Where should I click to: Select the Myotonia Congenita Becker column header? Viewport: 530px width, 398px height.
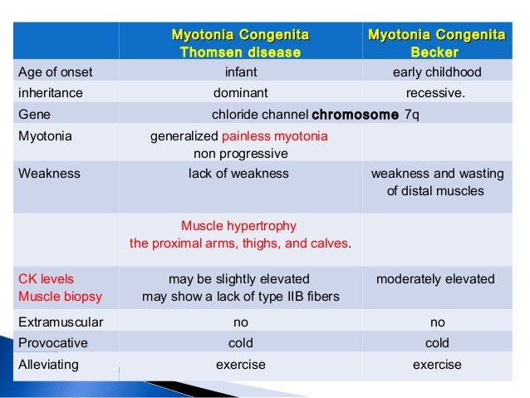click(436, 43)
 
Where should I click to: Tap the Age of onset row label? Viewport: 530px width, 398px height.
click(51, 72)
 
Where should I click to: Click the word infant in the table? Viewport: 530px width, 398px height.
click(241, 72)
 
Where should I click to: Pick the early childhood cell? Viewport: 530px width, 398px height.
click(436, 72)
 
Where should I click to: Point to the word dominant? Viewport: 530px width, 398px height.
click(241, 92)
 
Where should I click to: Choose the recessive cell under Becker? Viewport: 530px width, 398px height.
click(436, 92)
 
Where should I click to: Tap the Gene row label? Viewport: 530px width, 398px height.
click(32, 114)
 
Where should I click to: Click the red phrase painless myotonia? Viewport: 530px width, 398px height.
click(275, 136)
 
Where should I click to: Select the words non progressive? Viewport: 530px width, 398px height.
click(241, 154)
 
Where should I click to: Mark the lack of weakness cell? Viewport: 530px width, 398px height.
click(239, 174)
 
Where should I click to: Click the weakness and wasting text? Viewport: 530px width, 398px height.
click(437, 174)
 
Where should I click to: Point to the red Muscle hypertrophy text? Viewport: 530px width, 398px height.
click(238, 226)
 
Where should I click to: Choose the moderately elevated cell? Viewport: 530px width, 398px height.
click(436, 278)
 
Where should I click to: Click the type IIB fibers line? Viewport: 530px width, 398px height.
click(241, 296)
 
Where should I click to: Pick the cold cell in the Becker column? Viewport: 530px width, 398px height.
click(436, 343)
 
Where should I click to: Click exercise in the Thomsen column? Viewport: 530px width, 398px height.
click(241, 364)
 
